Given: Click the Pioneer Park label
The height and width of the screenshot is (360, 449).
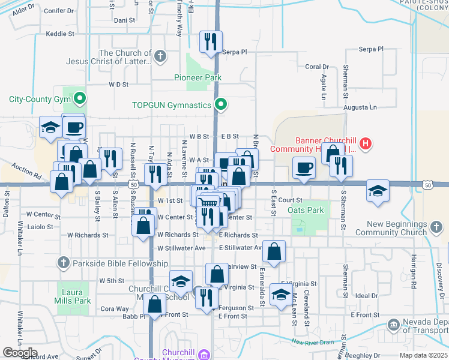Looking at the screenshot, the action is [x=197, y=77].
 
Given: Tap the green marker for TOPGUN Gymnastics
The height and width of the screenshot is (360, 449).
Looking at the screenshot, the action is [x=221, y=105].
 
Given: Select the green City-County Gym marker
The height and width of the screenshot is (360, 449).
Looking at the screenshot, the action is [x=79, y=98].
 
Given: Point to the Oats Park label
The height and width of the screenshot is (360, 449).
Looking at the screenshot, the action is [x=306, y=210].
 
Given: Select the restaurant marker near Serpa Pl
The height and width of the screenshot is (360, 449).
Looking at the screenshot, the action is [x=211, y=41].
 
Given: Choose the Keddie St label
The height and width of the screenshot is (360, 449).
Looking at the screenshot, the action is [x=59, y=34].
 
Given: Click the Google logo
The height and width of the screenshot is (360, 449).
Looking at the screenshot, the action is [x=20, y=353].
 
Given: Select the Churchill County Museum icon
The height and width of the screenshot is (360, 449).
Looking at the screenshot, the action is [x=203, y=354].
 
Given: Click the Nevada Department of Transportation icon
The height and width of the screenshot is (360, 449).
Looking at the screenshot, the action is [x=394, y=325].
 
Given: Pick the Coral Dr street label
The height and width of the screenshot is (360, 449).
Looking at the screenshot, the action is [x=317, y=67].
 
